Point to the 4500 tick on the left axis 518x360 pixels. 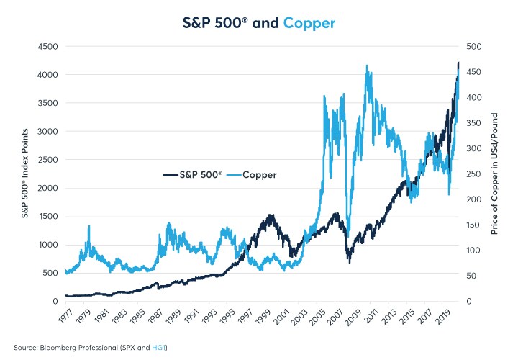click(x=46, y=47)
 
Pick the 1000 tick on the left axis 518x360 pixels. click(x=46, y=245)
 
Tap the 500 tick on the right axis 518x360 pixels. click(x=476, y=47)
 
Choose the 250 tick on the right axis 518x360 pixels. click(x=476, y=174)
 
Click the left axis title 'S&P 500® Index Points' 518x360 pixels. click(x=23, y=174)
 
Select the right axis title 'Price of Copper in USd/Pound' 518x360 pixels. click(x=495, y=174)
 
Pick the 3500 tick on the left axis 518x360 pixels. click(x=46, y=103)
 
